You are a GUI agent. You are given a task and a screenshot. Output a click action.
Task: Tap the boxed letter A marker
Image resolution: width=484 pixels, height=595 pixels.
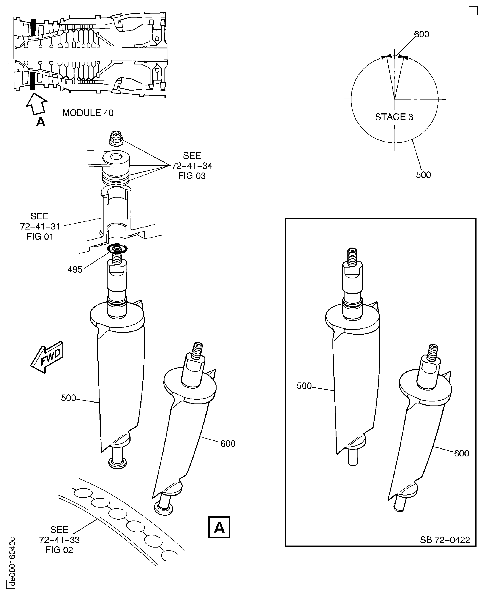pyautogui.click(x=219, y=527)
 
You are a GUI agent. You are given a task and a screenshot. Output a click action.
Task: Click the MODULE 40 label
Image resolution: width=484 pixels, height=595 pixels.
pyautogui.click(x=88, y=113)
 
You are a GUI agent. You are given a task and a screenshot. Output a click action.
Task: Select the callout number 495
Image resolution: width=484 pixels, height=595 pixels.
pyautogui.click(x=75, y=269)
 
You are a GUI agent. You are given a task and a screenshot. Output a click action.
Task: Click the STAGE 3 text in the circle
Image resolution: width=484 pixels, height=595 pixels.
pyautogui.click(x=394, y=117)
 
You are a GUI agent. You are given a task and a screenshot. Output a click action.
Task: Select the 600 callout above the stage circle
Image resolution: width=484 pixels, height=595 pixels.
pyautogui.click(x=421, y=34)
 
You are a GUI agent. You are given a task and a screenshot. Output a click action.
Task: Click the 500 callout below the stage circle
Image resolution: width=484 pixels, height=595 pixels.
pyautogui.click(x=423, y=175)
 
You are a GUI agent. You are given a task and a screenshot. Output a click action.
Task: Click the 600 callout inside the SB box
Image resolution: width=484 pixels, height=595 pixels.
pyautogui.click(x=461, y=453)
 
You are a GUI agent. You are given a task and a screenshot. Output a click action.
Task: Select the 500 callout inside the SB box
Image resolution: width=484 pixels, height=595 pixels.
pyautogui.click(x=304, y=386)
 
